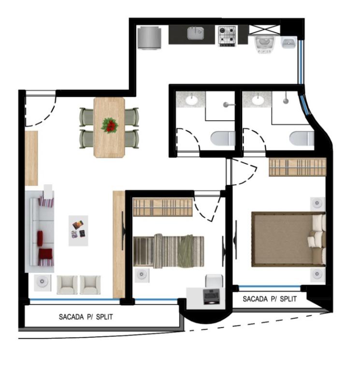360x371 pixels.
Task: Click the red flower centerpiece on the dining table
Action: coord(110,125)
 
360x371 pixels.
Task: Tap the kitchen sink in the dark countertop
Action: coord(196,33)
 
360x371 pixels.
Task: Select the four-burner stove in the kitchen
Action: coord(227,36)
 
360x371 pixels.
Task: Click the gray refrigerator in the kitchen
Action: coord(150,38)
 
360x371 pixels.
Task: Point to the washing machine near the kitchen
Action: coord(264,44)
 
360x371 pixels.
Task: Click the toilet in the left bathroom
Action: coord(223,138)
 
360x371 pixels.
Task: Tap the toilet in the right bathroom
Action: coord(302,138)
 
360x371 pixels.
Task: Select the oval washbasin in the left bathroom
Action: coord(192,100)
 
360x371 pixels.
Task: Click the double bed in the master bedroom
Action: coord(288,239)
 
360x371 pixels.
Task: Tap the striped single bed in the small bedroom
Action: coord(169,251)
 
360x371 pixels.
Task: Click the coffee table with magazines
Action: coord(78,231)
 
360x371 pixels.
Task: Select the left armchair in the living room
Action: coord(67,285)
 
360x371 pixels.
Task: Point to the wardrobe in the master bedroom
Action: coord(298,167)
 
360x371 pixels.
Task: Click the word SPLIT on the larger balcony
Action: coord(104,317)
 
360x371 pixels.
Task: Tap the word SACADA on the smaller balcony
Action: coord(255,299)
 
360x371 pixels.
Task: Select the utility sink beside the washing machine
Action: coord(288,43)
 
